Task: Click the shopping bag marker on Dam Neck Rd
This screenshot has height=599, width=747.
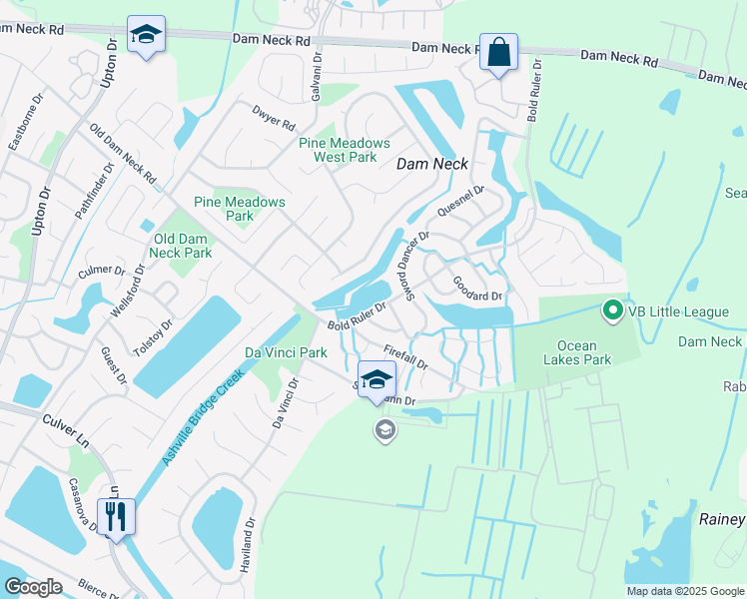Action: (498, 51)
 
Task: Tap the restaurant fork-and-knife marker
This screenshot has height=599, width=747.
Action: (116, 516)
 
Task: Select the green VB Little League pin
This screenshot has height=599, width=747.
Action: (613, 311)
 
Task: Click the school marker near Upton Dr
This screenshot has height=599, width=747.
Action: (146, 35)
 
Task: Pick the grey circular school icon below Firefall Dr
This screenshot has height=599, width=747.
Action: (383, 430)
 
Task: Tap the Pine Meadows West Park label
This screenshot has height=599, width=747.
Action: (338, 150)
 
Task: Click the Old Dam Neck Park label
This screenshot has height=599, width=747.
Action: (183, 246)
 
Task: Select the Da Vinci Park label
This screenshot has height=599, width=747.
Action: (287, 352)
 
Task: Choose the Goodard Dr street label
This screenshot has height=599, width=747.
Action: (476, 290)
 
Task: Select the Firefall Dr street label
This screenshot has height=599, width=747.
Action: (405, 356)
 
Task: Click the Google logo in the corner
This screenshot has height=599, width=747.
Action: (33, 587)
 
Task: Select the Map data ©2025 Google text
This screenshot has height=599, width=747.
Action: (684, 591)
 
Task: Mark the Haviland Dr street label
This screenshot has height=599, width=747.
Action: (249, 542)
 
